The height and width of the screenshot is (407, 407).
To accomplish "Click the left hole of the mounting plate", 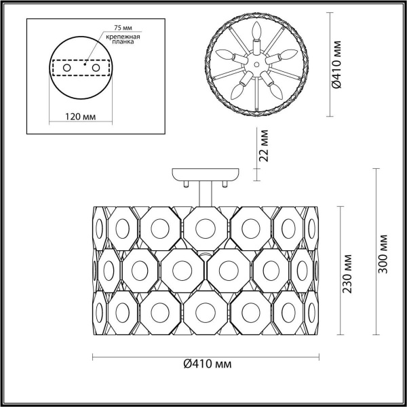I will point(66,69).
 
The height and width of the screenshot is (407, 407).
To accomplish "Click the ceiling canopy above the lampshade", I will point(203,174).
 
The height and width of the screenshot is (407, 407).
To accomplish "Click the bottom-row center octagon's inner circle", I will point(203,313).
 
